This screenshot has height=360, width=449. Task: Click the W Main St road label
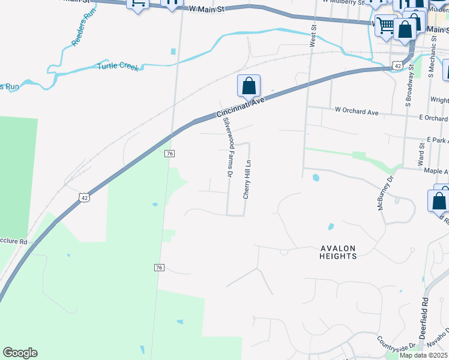click(x=206, y=9)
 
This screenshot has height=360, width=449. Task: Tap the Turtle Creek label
click(x=118, y=66)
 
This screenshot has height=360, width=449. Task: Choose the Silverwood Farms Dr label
click(x=228, y=147)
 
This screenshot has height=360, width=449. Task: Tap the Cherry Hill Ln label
click(x=246, y=179)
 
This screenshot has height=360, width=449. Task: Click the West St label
click(x=313, y=35)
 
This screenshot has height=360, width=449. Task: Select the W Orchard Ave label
click(x=357, y=111)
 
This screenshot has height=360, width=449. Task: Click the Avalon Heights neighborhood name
click(x=338, y=252)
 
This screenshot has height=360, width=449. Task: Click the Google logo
click(x=20, y=353)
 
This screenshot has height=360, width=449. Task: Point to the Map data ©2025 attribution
click(x=423, y=355)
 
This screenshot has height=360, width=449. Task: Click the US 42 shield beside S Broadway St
click(x=396, y=64)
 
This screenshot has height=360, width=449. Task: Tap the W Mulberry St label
click(x=342, y=2)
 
